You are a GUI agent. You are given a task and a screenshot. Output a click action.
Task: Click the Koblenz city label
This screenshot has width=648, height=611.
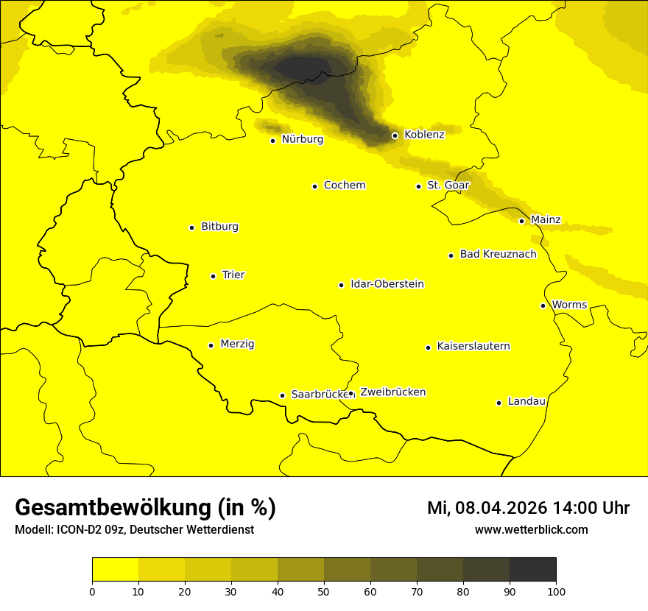point(424,135)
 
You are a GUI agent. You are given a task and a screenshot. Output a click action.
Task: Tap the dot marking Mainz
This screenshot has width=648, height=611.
point(521,221)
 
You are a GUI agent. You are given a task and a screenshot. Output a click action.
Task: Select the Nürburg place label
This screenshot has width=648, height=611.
point(302,139)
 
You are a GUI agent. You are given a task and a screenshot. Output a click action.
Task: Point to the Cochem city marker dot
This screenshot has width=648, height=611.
point(314,186)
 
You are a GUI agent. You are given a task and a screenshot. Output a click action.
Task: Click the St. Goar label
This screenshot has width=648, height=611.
point(448,186)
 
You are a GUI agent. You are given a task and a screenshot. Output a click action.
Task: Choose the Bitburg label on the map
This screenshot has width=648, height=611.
point(219,227)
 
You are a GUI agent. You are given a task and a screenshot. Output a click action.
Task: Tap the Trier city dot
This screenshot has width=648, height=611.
point(213,276)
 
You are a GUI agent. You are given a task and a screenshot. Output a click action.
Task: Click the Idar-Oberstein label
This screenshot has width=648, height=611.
point(387,284)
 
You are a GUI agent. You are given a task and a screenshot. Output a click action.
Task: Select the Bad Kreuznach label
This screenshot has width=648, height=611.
point(498,255)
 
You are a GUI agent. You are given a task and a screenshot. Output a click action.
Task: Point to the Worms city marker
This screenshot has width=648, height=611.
point(543,305)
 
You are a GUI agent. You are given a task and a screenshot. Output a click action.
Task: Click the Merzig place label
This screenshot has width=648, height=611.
point(237,345)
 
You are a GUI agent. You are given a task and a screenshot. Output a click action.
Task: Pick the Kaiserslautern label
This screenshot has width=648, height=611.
point(473,347)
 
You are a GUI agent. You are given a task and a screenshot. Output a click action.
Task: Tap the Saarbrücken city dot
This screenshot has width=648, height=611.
point(282,395)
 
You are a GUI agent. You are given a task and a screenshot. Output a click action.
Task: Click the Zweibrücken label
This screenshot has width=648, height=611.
point(392,392)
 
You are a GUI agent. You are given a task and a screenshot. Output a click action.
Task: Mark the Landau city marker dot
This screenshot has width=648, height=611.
point(499,403)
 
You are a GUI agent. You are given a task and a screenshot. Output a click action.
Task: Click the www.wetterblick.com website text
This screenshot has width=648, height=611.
point(531,529)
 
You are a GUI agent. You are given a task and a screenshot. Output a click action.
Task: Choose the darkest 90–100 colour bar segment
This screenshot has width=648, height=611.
point(532,569)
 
